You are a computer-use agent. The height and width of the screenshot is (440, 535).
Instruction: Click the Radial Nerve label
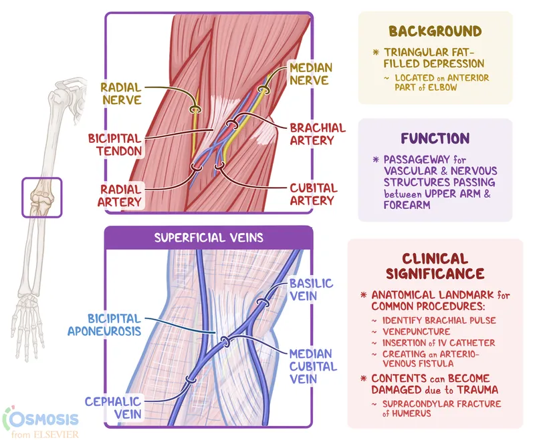click(121, 93)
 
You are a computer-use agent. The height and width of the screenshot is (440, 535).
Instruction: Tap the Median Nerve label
click(308, 73)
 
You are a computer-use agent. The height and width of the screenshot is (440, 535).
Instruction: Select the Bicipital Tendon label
click(115, 144)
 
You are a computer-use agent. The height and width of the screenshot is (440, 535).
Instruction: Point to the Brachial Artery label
click(317, 134)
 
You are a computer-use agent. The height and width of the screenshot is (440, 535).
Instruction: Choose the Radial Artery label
click(121, 194)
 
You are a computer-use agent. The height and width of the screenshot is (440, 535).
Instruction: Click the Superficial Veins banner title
click(209, 237)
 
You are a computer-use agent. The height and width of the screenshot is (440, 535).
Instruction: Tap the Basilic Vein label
click(312, 288)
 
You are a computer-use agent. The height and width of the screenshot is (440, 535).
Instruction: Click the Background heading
click(435, 31)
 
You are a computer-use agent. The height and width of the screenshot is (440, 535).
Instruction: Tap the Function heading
click(435, 138)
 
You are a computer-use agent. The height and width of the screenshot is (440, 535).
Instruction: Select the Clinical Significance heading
click(435, 266)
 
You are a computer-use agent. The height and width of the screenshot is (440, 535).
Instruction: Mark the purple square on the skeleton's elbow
click(41, 197)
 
